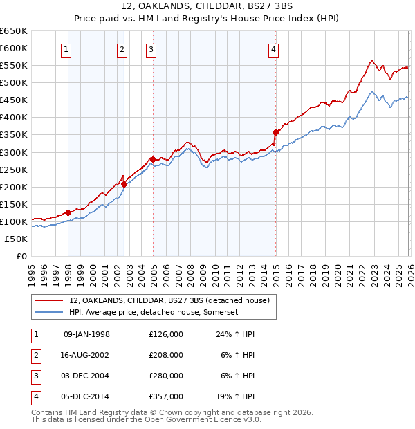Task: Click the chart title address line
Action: click(x=207, y=6)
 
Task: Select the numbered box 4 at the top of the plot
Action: click(x=274, y=49)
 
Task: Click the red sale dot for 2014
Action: click(x=276, y=131)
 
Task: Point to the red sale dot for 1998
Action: click(x=68, y=212)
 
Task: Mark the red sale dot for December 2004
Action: click(x=152, y=159)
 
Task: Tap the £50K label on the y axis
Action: click(x=17, y=239)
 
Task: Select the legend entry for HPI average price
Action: click(x=154, y=313)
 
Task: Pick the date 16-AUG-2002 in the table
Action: click(x=86, y=355)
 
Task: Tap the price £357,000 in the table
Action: click(x=166, y=396)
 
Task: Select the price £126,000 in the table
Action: click(x=166, y=334)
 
